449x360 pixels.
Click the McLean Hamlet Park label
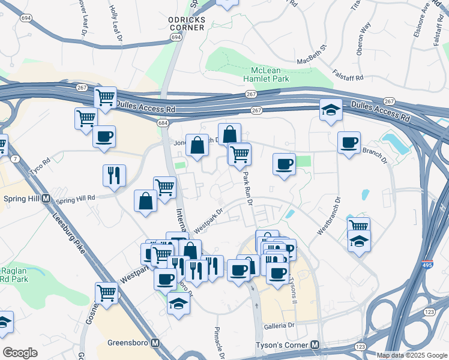coord(266,74)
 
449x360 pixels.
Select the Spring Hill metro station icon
coord(46,199)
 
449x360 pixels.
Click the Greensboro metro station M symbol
coord(155,343)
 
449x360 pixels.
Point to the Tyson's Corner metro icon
coord(315,345)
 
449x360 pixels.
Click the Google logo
coord(20,353)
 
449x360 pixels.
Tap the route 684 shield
coord(163,123)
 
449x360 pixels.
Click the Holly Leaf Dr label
coord(116,23)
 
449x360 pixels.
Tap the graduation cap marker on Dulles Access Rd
coord(331,110)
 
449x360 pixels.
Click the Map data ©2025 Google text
coord(412,355)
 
